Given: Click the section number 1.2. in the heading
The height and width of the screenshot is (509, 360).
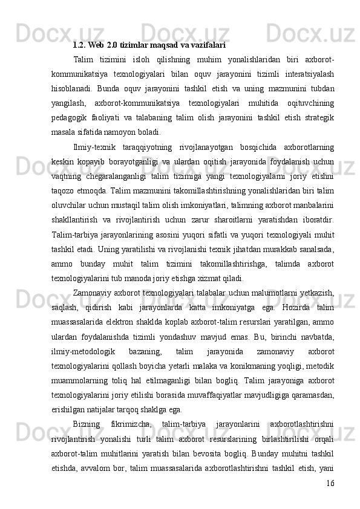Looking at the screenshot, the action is [x=79, y=44].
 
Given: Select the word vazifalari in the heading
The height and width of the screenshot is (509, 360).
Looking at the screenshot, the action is [x=208, y=44].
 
